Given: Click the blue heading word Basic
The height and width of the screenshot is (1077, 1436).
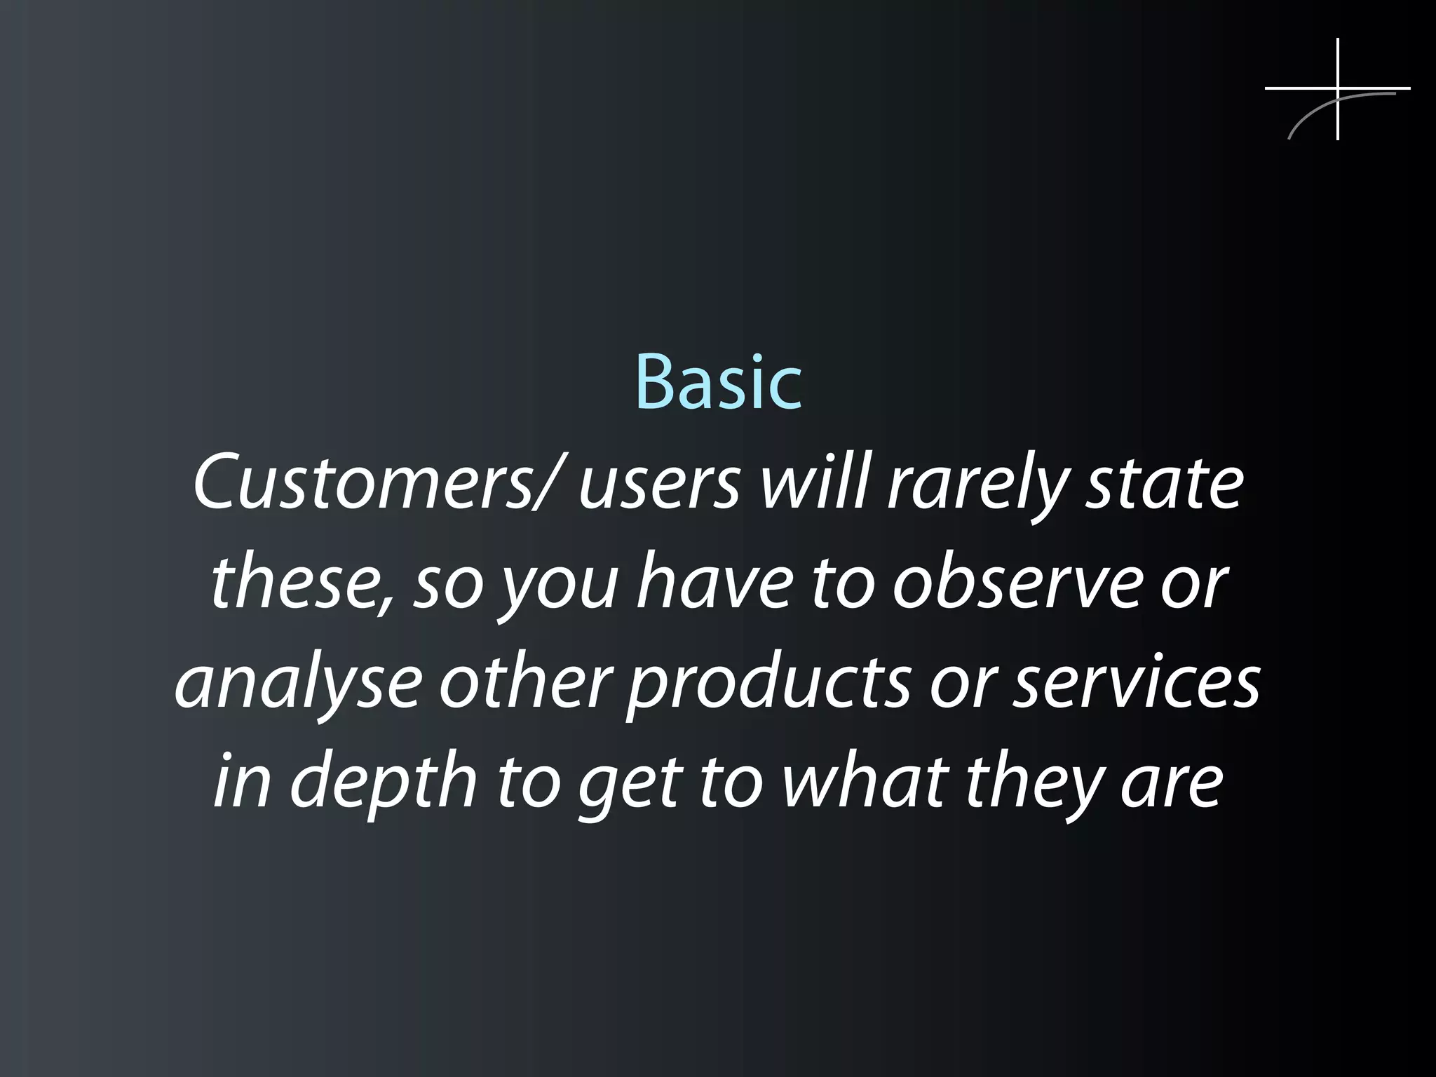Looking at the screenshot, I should [x=718, y=384].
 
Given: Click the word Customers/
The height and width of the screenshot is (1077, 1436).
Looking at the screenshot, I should [x=376, y=485].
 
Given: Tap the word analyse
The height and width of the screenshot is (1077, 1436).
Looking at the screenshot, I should [x=298, y=684].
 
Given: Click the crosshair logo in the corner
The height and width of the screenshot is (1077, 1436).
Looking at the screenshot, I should [x=1337, y=89].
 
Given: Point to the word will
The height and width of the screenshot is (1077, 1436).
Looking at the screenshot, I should [x=813, y=484].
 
